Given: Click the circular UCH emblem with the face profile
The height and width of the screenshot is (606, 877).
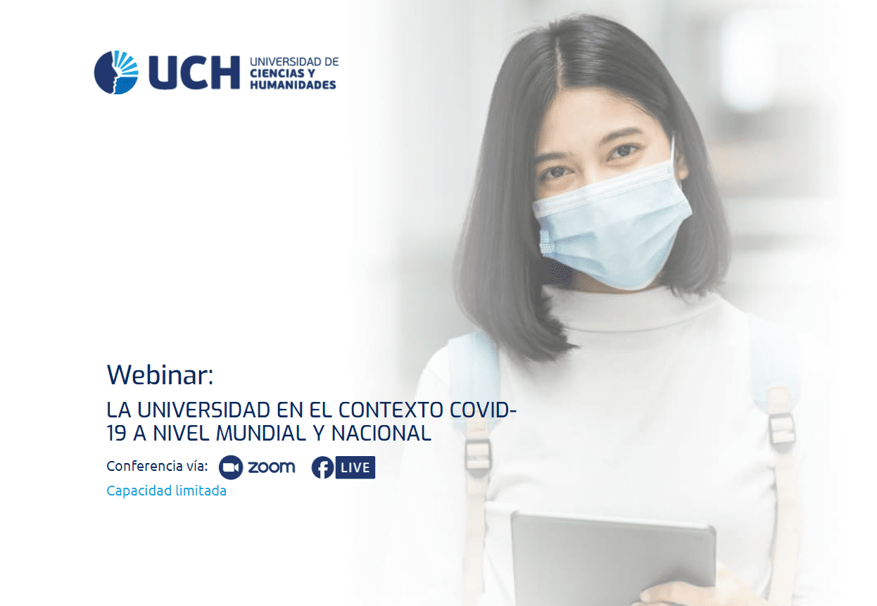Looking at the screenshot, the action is click(116, 72).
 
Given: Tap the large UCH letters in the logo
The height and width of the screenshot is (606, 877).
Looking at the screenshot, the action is click(194, 72).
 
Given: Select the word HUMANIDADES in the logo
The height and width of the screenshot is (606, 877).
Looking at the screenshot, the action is click(293, 85).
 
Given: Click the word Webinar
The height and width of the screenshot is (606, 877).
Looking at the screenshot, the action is click(160, 374).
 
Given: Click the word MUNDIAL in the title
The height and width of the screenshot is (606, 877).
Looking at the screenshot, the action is click(261, 434).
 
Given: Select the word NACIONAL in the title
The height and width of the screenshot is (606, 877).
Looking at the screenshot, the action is click(381, 434).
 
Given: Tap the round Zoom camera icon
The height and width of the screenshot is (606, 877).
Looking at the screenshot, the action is click(231, 467).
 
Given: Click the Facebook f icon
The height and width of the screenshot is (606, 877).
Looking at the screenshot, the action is click(322, 467).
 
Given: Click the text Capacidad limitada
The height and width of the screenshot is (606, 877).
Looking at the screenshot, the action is click(166, 491).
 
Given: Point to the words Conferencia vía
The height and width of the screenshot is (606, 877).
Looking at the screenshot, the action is click(157, 466).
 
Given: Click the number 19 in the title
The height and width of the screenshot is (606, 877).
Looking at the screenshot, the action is click(117, 434).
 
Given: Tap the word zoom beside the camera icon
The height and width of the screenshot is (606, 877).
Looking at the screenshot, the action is click(271, 467).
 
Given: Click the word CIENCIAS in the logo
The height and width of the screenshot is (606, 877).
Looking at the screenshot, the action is click(277, 73).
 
